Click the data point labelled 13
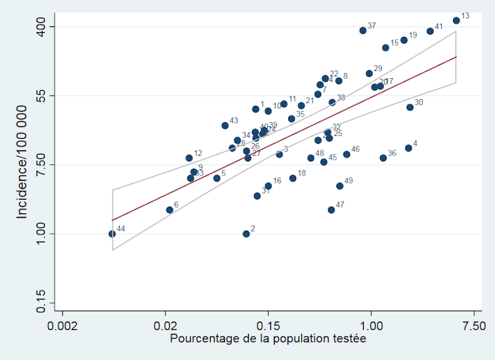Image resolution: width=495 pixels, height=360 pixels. (x=456, y=20)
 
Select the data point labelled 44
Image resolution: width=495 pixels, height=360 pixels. (x=112, y=233)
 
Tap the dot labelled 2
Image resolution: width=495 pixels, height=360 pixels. (x=246, y=233)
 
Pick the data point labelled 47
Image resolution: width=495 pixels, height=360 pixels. (x=332, y=210)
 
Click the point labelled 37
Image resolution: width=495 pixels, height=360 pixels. (x=363, y=30)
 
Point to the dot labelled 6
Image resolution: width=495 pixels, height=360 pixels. (x=169, y=210)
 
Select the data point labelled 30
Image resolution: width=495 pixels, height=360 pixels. (x=410, y=107)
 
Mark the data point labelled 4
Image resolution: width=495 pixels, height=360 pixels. (x=408, y=148)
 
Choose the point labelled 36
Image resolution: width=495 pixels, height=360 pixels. (x=383, y=158)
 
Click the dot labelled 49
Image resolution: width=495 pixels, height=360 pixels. (x=340, y=186)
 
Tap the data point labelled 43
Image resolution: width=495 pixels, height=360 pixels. (x=225, y=125)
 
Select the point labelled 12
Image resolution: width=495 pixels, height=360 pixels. (x=189, y=158)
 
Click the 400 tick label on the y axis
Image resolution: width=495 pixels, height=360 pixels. (x=41, y=27)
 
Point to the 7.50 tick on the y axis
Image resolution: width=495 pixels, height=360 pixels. (x=41, y=165)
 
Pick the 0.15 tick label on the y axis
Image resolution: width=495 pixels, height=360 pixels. (x=41, y=303)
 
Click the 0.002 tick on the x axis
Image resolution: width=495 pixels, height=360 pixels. (x=62, y=325)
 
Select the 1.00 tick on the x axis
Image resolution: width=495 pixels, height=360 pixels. (x=372, y=325)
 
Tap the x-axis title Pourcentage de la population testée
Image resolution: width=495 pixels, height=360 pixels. (x=268, y=339)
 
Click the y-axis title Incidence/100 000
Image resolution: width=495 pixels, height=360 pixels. (x=22, y=165)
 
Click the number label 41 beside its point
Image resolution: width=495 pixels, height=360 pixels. (x=439, y=27)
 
